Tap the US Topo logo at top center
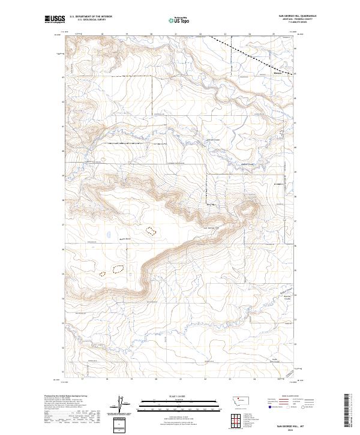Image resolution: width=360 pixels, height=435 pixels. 180,20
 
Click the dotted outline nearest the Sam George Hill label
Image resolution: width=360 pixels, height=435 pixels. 151,230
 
